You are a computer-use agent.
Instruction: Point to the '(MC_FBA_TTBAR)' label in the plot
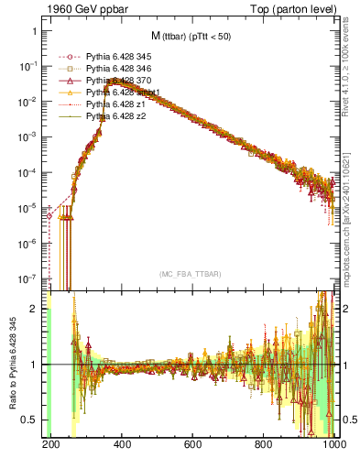[192, 274]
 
